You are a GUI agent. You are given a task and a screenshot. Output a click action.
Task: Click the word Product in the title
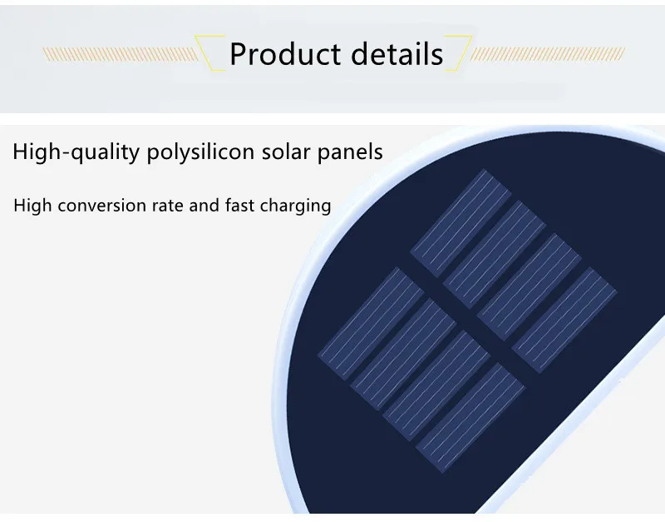tap(285, 54)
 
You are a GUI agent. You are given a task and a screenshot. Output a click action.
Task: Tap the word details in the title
tap(397, 53)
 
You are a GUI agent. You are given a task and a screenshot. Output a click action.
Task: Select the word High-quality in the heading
tap(76, 152)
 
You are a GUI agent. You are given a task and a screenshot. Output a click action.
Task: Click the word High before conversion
tap(32, 206)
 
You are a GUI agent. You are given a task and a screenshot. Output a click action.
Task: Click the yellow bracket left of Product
tap(209, 53)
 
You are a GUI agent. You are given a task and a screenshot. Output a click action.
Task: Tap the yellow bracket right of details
tap(458, 53)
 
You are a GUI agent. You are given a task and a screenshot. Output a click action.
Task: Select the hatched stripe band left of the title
tap(120, 54)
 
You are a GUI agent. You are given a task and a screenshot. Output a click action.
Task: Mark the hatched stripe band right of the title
tap(548, 54)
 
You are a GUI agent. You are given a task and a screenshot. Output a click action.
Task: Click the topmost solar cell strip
tap(461, 223)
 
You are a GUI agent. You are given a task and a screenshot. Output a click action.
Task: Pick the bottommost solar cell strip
tap(470, 417)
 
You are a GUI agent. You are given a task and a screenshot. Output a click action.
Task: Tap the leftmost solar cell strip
tap(371, 323)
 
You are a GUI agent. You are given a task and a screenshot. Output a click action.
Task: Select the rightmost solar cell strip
tap(564, 320)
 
